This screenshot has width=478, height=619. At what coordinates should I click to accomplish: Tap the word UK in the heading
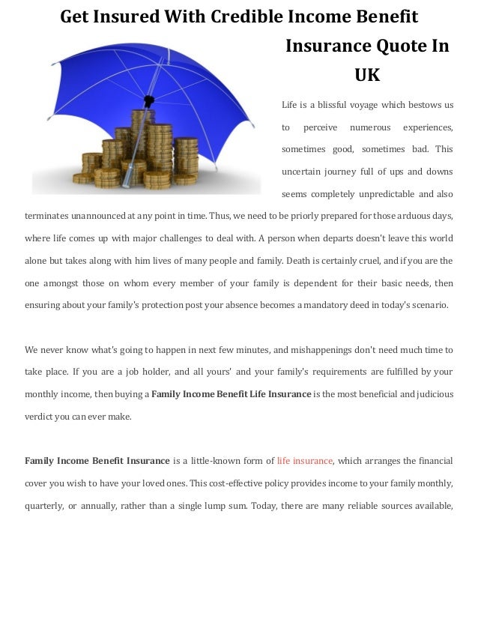[x=367, y=75]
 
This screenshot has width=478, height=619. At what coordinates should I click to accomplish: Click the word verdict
[x=39, y=416]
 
